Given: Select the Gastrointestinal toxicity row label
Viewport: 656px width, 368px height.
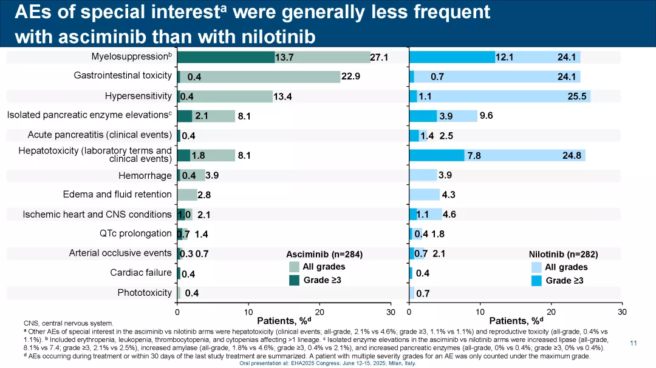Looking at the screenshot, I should coord(123,76).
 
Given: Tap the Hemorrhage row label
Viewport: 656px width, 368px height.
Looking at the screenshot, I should coord(145,176).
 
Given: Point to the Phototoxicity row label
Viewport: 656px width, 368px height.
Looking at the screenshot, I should coord(145,293).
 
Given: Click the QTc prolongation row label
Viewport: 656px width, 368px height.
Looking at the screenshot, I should coord(135,233).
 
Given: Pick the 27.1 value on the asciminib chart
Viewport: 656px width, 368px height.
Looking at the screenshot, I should coord(379,57).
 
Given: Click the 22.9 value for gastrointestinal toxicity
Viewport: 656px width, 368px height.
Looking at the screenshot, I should coord(351,76).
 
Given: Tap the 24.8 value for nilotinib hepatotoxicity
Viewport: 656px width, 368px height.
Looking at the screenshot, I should coord(572,156).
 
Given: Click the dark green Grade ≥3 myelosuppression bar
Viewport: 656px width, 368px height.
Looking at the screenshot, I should coord(226,57).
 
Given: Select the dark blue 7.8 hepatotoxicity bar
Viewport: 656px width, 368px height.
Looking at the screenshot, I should coord(437,156).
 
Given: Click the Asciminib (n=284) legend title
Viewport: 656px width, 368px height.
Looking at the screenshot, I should coord(324,254).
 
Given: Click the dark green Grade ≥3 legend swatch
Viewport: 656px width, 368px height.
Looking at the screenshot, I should coord(294,280).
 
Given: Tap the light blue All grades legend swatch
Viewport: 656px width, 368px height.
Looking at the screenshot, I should coord(536,267).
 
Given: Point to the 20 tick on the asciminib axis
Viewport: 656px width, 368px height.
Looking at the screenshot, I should coord(319,312).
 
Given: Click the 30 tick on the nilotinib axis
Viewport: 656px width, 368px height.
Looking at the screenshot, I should coord(621,312).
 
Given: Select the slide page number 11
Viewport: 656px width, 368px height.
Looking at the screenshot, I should coord(634,344).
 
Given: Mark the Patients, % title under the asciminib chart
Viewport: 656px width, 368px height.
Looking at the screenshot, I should coord(284,321).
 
